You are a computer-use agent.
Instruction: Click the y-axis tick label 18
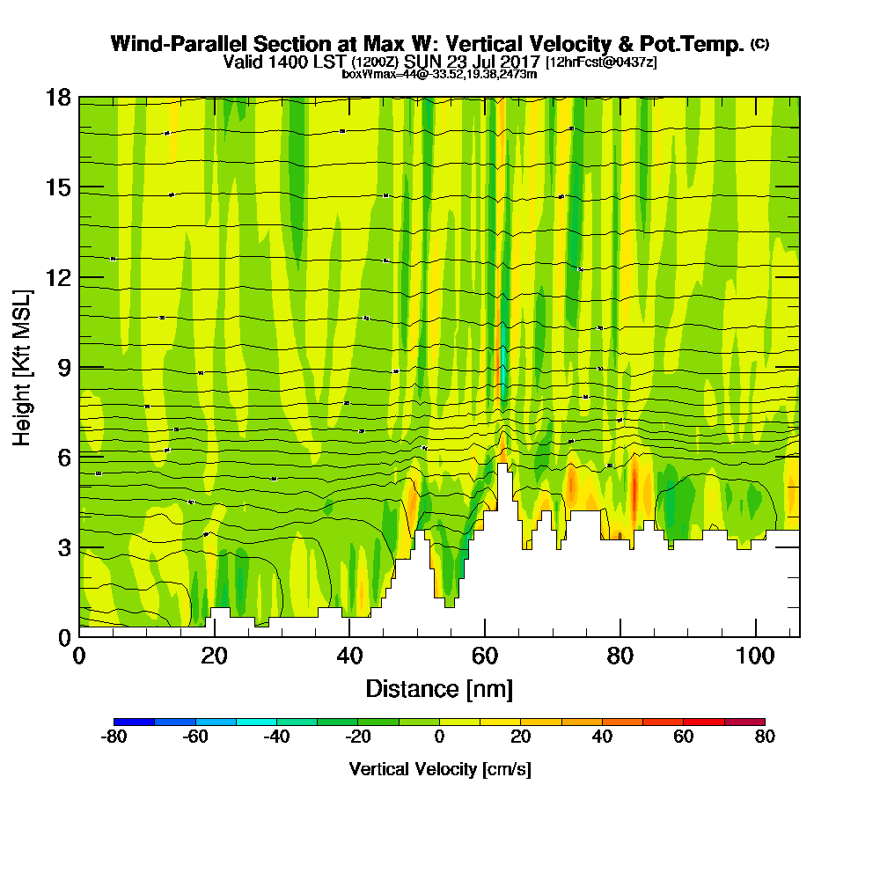pos(57,98)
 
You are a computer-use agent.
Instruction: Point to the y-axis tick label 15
pos(57,187)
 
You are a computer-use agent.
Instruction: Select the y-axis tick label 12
pos(57,277)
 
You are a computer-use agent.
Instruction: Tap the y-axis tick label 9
pos(63,368)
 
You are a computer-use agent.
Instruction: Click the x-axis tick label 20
pos(214,656)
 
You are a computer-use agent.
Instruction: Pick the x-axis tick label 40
pos(349,656)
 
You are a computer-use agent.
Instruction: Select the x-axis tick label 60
pos(485,656)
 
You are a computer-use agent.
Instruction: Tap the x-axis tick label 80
pos(620,656)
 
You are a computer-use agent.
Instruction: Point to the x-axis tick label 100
pos(756,656)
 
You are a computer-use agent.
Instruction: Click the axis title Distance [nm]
pos(439,688)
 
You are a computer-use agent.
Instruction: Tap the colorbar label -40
pos(276,737)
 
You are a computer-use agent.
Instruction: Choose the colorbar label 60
pos(684,737)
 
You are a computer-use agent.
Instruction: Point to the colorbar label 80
pos(765,737)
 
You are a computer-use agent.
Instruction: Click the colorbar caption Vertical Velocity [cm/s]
pos(439,769)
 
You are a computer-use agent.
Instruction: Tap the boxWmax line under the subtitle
pos(439,74)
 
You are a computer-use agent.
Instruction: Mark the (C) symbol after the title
pos(759,43)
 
